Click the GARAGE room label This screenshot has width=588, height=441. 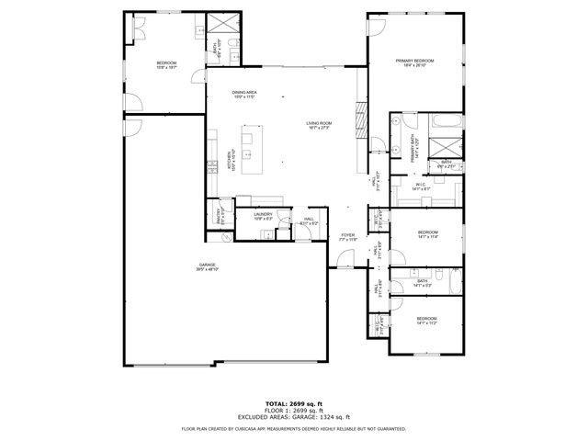tap(207, 266)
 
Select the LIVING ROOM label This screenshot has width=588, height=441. tap(319, 124)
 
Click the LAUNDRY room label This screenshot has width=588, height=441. tap(263, 216)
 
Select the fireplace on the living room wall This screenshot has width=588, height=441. tap(361, 120)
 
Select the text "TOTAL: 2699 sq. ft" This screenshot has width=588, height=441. tap(293, 403)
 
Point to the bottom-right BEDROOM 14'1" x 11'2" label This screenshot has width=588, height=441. tap(425, 322)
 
